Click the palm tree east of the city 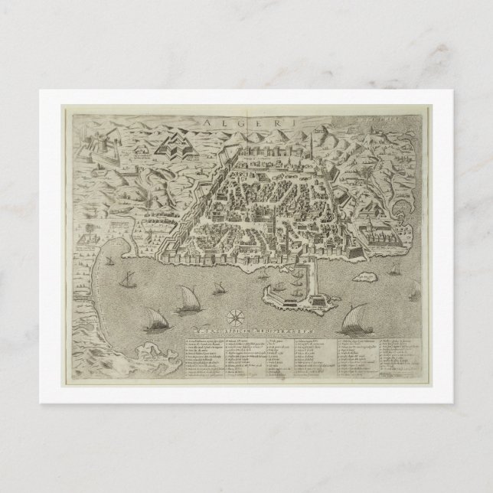tap(380, 165)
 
